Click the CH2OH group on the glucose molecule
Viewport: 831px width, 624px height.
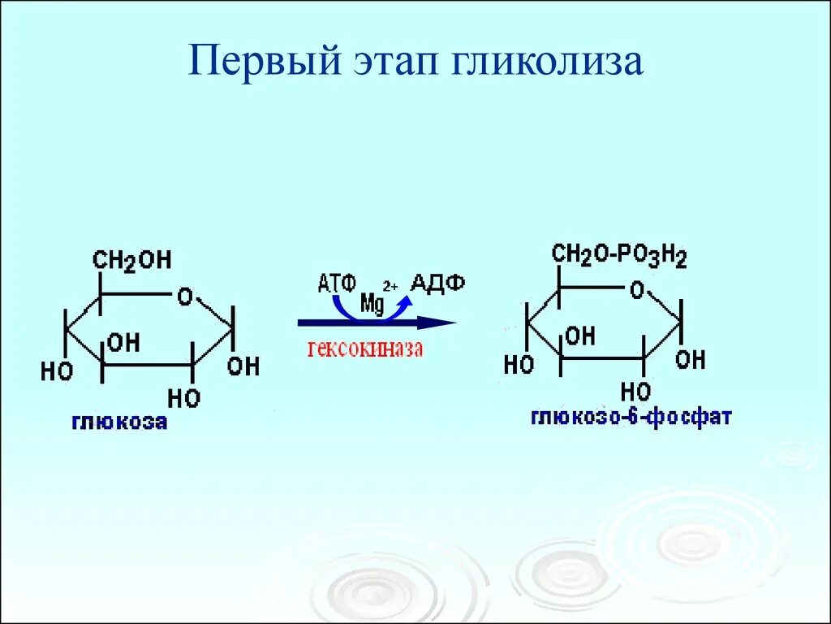tap(131, 260)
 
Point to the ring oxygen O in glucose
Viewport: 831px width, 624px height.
tap(185, 297)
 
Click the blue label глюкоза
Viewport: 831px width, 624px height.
tap(119, 422)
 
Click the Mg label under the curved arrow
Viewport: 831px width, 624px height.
tap(372, 304)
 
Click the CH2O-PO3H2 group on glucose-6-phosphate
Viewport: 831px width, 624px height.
tap(619, 255)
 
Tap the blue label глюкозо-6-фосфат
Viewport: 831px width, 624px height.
tap(631, 417)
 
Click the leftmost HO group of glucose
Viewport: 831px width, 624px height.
tap(57, 371)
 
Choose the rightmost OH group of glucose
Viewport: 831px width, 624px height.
tap(243, 366)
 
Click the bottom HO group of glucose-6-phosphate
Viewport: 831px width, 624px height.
tap(636, 391)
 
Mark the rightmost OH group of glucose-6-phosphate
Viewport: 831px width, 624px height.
tap(690, 359)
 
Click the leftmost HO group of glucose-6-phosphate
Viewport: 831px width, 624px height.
tap(519, 365)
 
